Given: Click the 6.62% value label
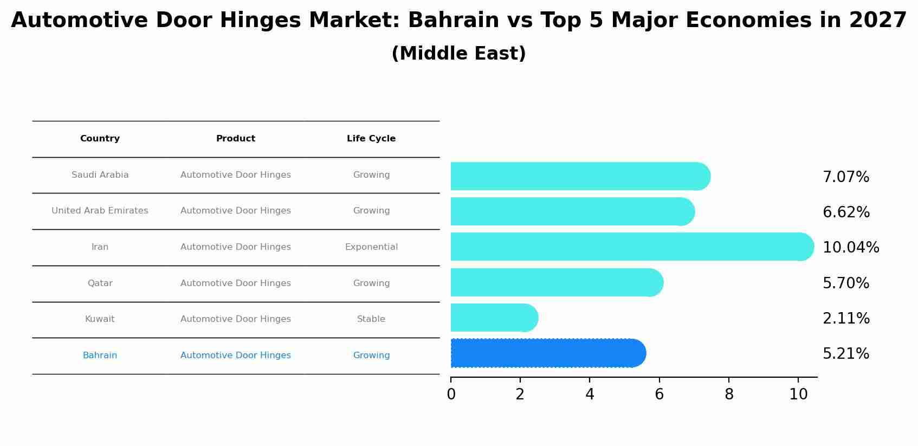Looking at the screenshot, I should click(x=846, y=212).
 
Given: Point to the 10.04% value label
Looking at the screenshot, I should click(x=851, y=248).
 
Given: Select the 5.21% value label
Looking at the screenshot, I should click(x=846, y=354).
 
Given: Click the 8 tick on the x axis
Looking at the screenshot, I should click(x=729, y=395).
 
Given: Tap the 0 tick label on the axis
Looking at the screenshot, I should click(x=451, y=395).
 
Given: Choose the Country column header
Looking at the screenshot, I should click(x=100, y=139).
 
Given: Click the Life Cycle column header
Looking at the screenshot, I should click(x=371, y=139).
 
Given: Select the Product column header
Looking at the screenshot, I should click(x=236, y=139).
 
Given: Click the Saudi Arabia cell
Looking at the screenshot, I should click(x=100, y=175).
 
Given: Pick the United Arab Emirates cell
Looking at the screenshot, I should click(x=100, y=211).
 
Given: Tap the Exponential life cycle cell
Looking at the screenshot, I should click(x=371, y=247).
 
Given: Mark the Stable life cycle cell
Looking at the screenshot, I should click(x=371, y=319).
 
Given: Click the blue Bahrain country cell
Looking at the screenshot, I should click(x=100, y=355).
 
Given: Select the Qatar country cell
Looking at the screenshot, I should click(x=100, y=283).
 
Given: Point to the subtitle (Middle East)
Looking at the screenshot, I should click(x=458, y=54).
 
